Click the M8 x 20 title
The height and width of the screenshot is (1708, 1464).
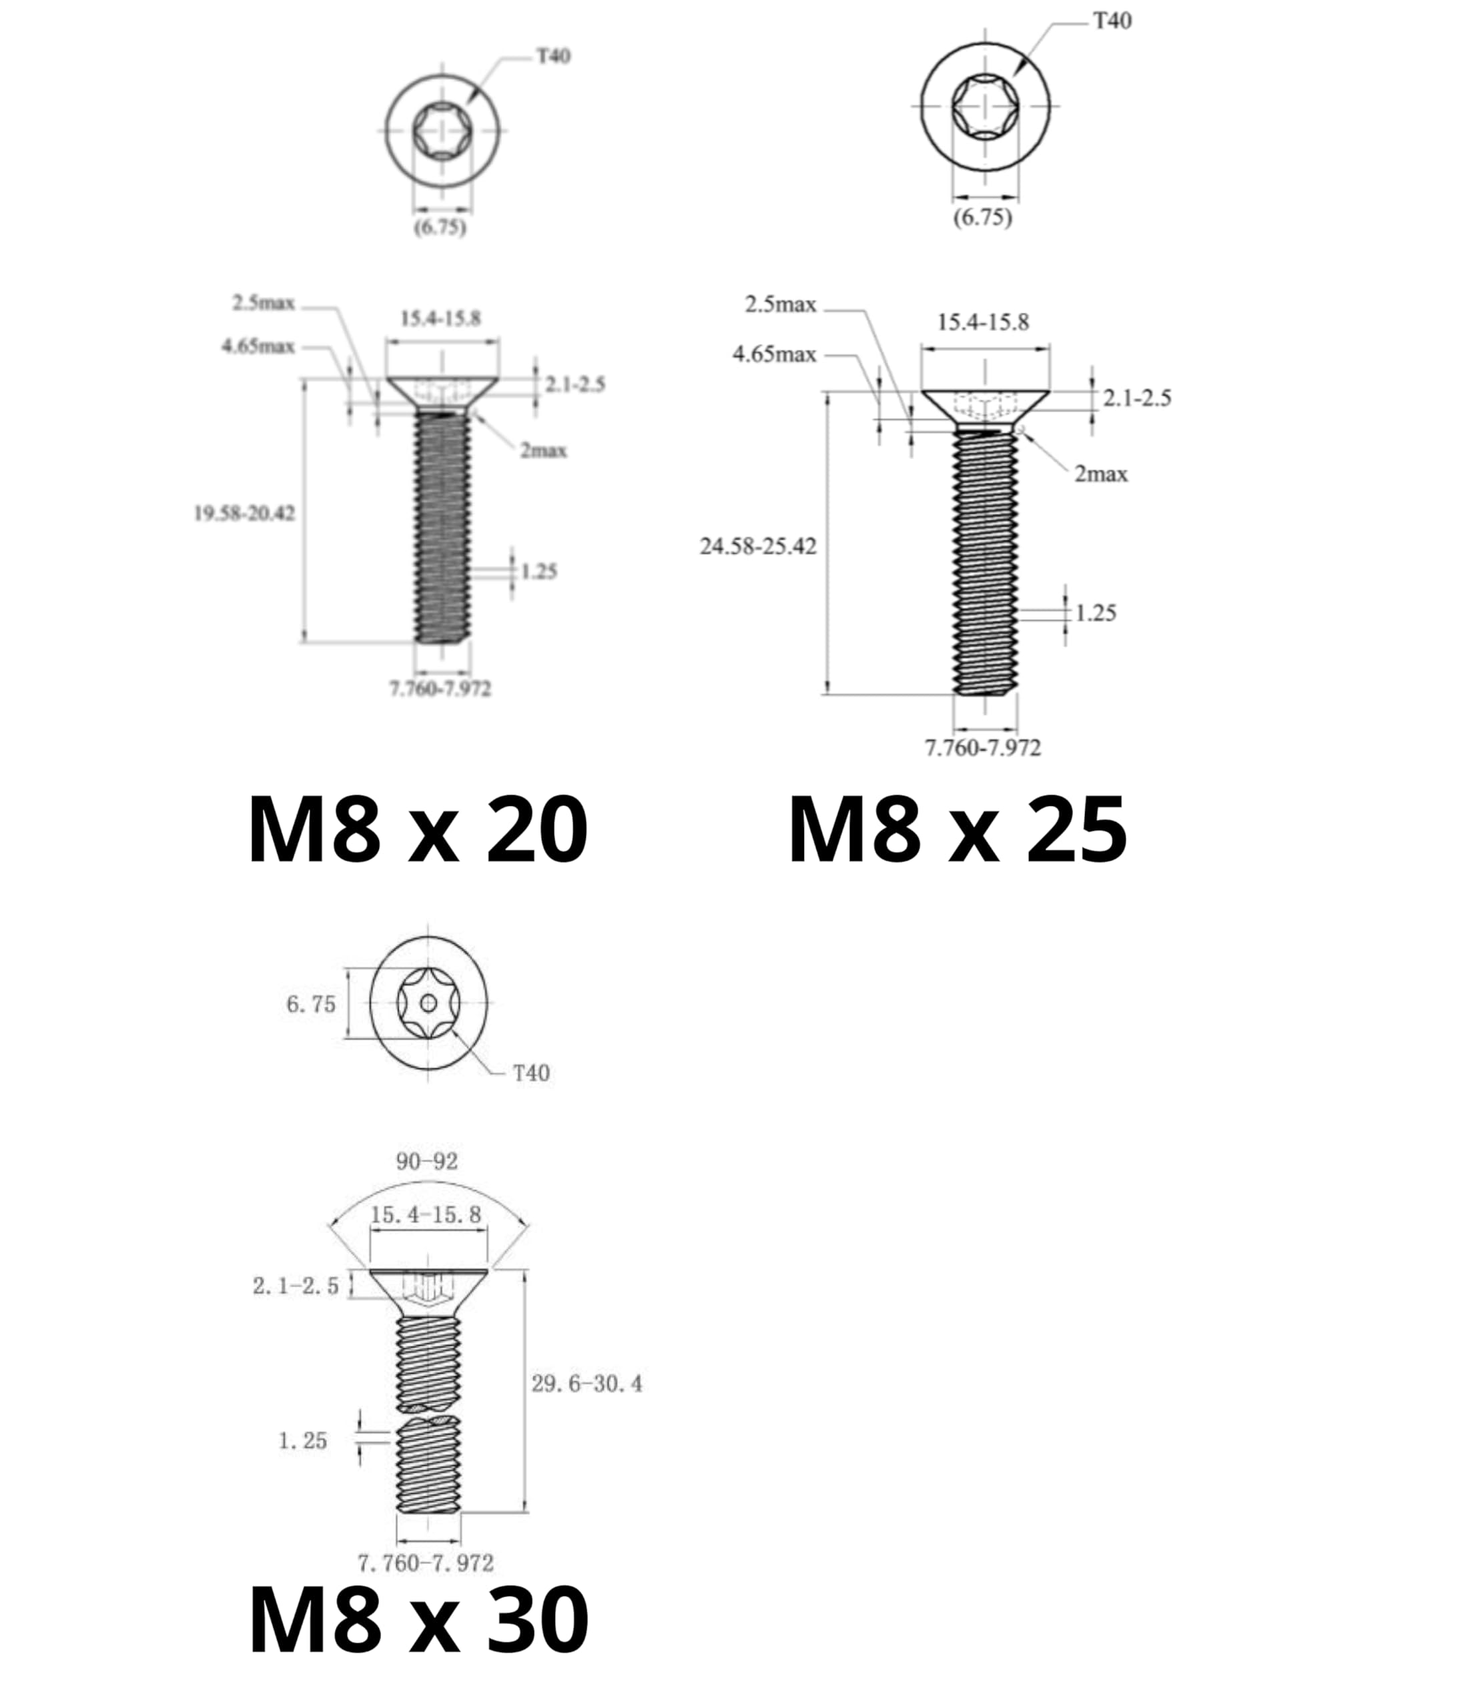[x=418, y=829]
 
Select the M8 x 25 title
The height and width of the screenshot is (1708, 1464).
[x=957, y=829]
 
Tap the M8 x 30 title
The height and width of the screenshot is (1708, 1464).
[x=418, y=1620]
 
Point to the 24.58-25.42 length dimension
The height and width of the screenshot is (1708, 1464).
[x=759, y=546]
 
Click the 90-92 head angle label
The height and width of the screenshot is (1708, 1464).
[x=427, y=1162]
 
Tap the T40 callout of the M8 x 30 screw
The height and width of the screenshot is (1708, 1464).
[x=531, y=1074]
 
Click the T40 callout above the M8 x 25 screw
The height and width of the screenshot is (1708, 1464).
[x=1112, y=21]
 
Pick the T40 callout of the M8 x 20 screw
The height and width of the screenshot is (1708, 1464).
[x=554, y=56]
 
